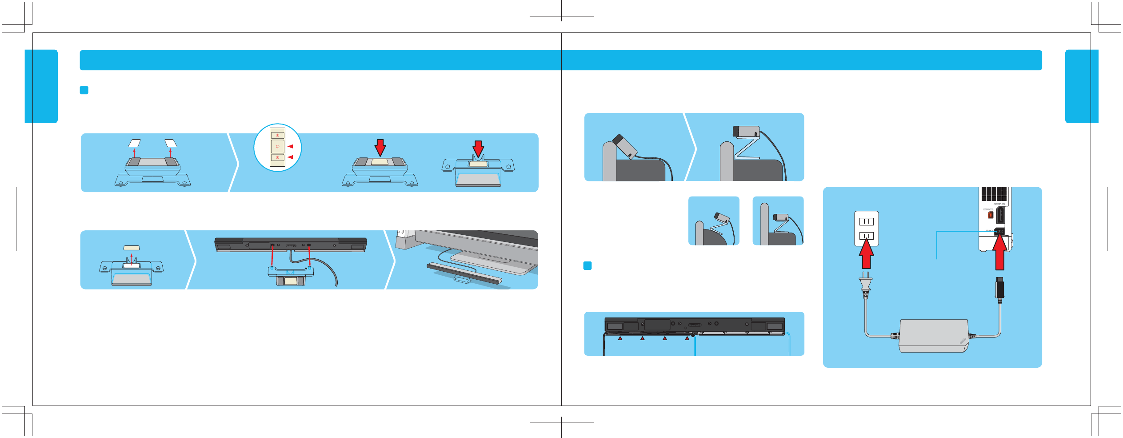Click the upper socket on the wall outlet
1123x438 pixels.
866,221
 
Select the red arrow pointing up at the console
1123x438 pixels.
999,253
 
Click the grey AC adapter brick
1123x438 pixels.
933,335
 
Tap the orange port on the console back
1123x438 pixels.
990,215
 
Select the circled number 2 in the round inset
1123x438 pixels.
277,146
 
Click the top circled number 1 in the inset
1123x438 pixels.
277,135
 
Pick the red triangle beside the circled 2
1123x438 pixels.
290,146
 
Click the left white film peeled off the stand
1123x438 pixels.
134,143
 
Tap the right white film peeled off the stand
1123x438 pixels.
171,143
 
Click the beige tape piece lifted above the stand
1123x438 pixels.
132,248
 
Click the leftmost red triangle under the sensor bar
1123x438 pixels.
620,338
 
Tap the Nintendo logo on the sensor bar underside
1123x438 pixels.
694,325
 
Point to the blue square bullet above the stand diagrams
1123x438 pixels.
84,90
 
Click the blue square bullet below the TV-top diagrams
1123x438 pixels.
587,266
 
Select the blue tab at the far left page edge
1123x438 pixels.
41,86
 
